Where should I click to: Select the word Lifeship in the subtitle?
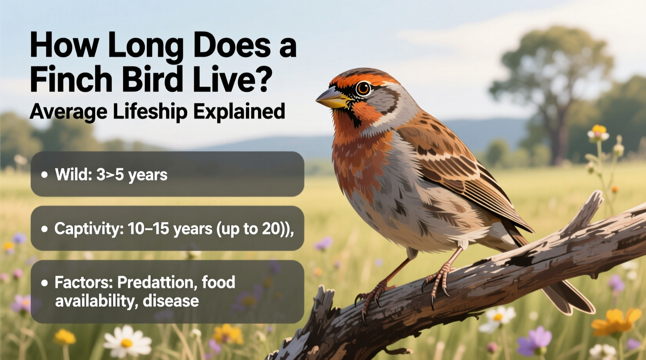150,112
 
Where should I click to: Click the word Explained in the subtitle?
239,112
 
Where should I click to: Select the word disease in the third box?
171,301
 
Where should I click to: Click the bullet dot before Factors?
45,283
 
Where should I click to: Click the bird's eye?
363,88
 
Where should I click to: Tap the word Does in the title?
231,46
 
